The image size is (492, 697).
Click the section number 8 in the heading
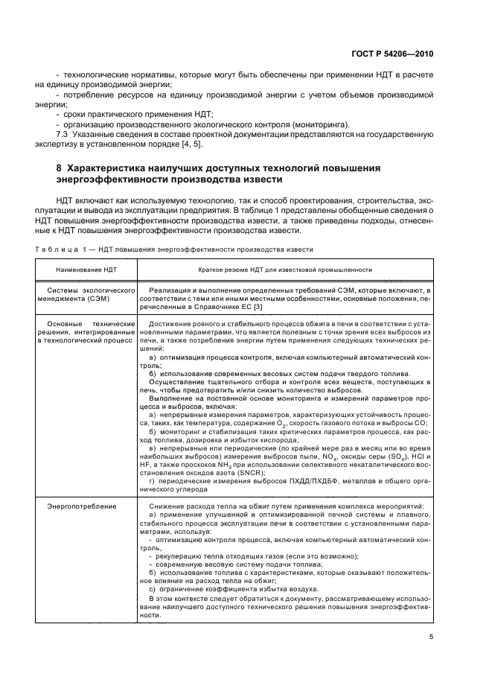click(60, 168)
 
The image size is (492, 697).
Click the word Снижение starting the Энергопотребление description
click(167, 507)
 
